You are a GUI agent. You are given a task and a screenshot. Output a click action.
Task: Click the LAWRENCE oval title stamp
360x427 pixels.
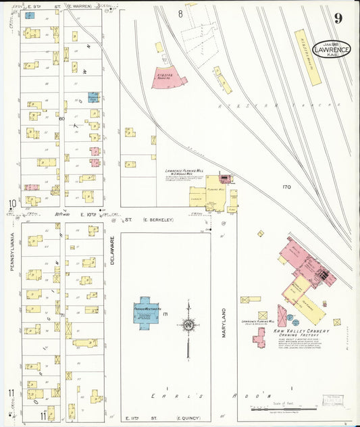331,49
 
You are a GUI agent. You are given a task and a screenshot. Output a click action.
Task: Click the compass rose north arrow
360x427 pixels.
188,325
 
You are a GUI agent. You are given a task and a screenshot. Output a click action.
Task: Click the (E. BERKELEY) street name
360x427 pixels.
161,220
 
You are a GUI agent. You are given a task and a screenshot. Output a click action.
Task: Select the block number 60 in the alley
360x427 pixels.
61,120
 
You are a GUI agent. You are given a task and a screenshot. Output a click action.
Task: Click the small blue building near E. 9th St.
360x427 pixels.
29,15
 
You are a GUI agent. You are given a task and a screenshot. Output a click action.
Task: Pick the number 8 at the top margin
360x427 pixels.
180,14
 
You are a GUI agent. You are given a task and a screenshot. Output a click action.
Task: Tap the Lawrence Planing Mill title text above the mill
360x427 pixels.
184,172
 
